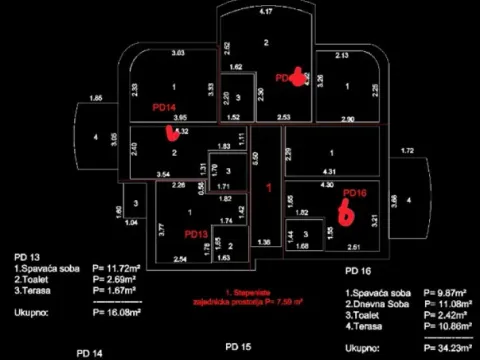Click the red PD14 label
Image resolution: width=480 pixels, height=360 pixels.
(x=164, y=107)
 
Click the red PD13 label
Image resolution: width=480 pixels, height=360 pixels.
(x=196, y=234)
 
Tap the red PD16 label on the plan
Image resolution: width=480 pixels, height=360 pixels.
(x=355, y=193)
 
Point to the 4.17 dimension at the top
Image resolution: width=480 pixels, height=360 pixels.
(x=265, y=11)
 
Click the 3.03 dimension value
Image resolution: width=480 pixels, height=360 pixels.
(x=178, y=52)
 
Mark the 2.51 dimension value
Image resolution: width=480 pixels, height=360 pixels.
(x=353, y=246)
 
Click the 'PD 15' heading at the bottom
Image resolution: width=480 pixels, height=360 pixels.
(x=238, y=346)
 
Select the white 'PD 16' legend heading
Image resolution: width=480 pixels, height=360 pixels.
(x=358, y=270)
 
